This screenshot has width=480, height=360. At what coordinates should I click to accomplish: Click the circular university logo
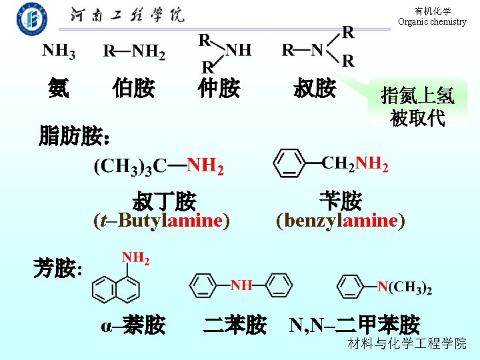point(32,18)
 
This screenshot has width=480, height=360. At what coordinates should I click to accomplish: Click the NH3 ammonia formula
point(59,51)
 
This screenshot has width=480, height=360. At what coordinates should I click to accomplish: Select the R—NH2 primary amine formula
point(134,51)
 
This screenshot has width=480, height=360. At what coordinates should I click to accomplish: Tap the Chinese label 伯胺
point(133,88)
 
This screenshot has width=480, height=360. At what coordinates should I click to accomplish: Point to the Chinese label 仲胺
point(218,88)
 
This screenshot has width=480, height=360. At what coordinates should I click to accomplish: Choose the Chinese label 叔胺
point(314,88)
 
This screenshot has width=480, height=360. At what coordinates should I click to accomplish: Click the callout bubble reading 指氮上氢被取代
point(417,107)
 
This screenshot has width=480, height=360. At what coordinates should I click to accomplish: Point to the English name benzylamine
point(340,220)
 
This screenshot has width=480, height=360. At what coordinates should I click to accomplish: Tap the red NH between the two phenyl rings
point(241,285)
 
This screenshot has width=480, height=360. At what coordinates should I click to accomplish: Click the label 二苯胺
point(235,325)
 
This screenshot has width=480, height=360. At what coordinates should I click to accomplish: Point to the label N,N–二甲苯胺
point(355,325)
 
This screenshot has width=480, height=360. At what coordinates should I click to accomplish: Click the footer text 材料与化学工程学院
point(407,344)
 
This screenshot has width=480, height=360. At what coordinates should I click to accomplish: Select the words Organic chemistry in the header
point(432,22)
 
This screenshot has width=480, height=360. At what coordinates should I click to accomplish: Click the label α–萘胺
point(133,325)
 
